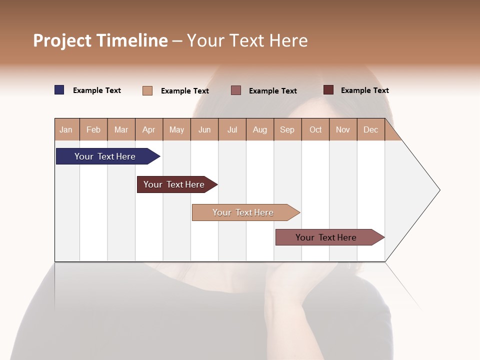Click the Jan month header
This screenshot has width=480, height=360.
click(66, 129)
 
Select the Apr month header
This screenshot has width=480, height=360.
click(148, 129)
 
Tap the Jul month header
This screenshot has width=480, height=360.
click(232, 129)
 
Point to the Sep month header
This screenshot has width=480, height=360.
click(287, 129)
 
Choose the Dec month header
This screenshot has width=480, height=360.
click(370, 129)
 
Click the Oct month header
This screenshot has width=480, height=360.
click(315, 129)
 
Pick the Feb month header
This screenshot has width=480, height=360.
click(93, 129)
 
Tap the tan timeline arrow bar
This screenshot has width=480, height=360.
click(243, 212)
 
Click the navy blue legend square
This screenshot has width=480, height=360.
click(59, 90)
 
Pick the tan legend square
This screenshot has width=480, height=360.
click(147, 90)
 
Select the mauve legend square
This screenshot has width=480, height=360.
click(236, 90)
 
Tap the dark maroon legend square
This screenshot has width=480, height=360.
click(328, 90)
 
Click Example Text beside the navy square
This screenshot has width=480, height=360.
click(97, 90)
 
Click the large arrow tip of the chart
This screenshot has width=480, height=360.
click(420, 190)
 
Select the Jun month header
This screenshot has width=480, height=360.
click(204, 129)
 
